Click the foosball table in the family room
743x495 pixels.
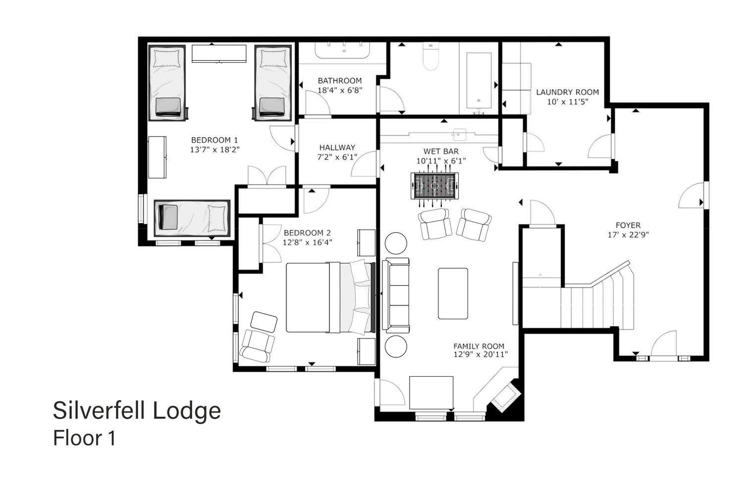[x=434, y=186]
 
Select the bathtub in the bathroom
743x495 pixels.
[x=478, y=81]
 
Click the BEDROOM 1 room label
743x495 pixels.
[x=214, y=140]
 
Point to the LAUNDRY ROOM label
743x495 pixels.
[x=568, y=92]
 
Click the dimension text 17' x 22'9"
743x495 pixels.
[x=628, y=235]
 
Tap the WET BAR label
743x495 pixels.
[x=441, y=151]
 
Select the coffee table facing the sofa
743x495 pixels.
[x=453, y=294]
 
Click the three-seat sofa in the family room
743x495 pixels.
[x=396, y=295]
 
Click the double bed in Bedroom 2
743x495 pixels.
[x=331, y=297]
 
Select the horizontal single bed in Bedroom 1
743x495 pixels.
[x=192, y=218]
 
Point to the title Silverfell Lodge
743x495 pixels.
[x=137, y=410]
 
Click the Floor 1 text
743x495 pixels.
[x=84, y=438]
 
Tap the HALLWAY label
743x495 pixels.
[x=337, y=148]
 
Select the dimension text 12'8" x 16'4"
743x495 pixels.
[x=307, y=243]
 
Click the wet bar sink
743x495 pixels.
[x=459, y=135]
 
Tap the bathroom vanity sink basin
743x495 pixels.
[x=342, y=50]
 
